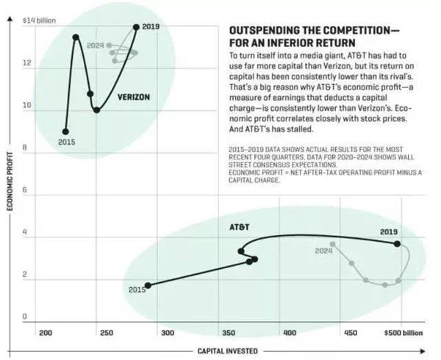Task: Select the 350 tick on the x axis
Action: [229, 333]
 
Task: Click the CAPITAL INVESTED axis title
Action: [226, 350]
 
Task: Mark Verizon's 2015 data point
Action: [65, 132]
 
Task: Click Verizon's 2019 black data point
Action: [136, 27]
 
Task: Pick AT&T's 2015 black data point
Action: [148, 285]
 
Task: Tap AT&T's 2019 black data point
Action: [398, 243]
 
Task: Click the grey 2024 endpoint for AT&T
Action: [333, 244]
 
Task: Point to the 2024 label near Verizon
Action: [95, 46]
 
